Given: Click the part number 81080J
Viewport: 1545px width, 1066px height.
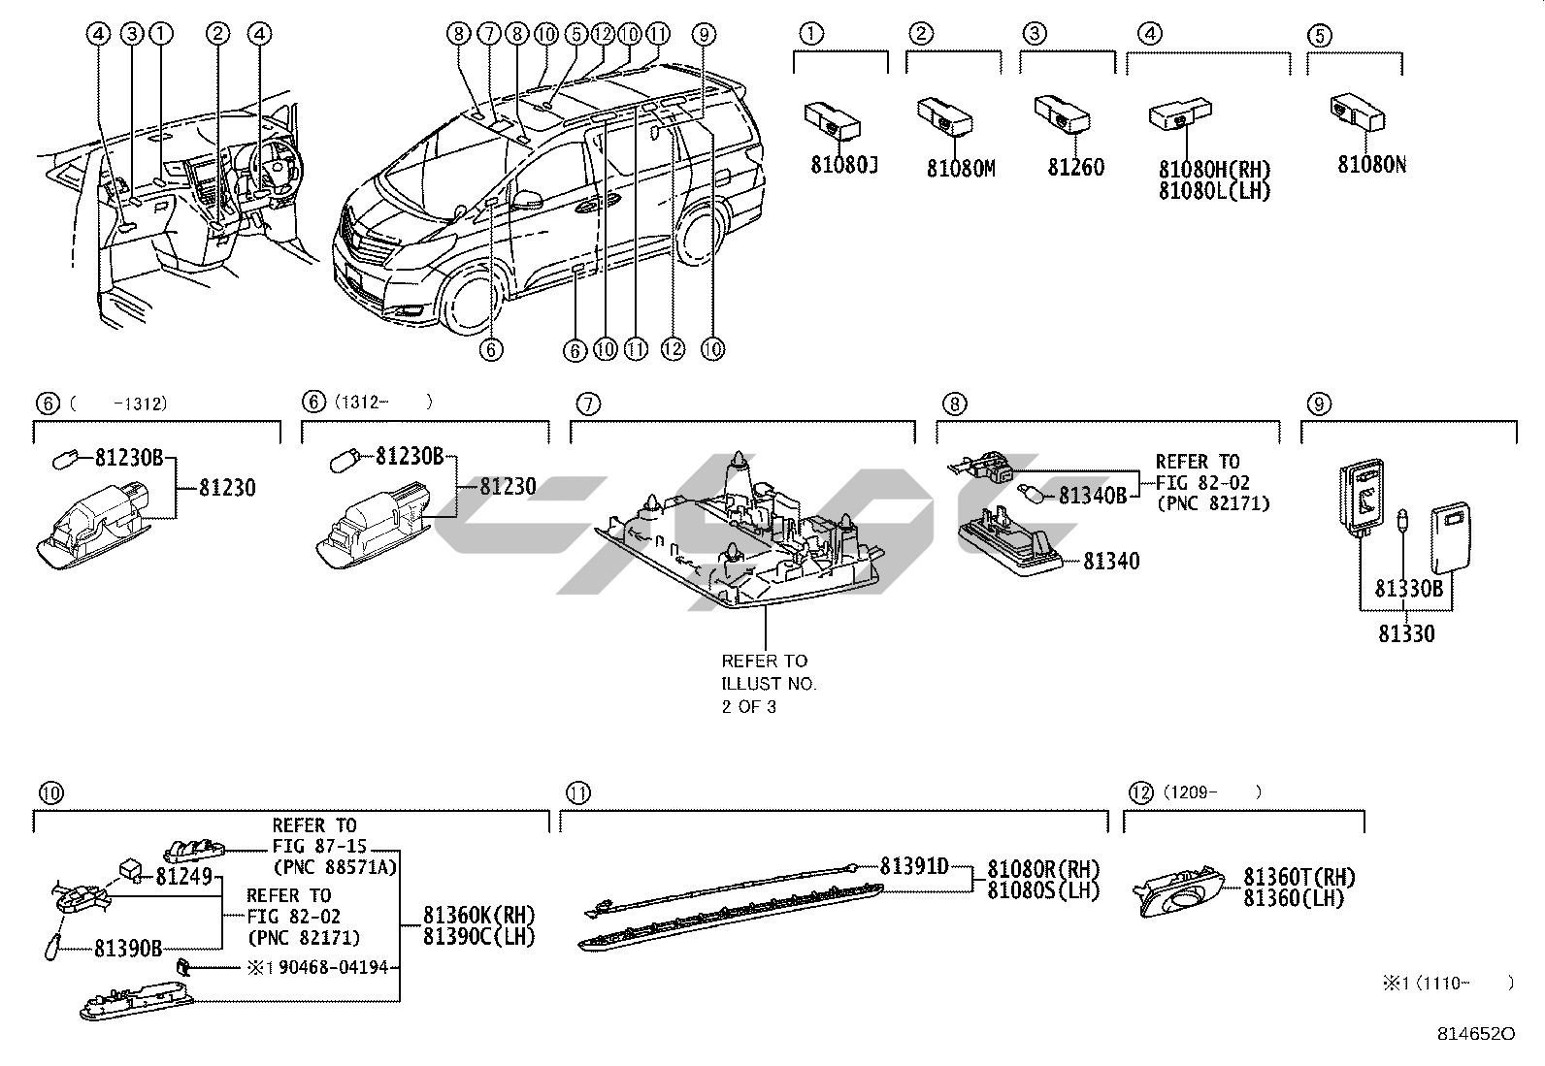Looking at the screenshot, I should (843, 166).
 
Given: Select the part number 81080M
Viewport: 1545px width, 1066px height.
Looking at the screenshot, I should (960, 169).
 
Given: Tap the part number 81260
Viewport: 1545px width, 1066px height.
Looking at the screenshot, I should (1075, 167).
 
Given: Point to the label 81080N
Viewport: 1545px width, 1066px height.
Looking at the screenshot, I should (1371, 165).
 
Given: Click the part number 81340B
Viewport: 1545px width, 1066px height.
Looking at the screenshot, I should (1092, 496).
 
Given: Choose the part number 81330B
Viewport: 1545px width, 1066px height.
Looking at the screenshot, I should (1408, 589).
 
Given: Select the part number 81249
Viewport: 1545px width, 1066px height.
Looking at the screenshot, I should (183, 876).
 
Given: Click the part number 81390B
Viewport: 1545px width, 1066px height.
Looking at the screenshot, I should (128, 949).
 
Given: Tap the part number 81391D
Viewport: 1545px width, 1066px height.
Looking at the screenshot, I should (914, 865).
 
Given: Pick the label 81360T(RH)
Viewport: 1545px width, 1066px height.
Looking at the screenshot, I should (1299, 878).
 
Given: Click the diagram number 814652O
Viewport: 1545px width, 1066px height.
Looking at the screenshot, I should (1475, 1034).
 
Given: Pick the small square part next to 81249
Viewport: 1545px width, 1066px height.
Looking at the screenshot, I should (131, 868).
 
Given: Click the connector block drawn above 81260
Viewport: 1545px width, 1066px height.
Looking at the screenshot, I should (1061, 114).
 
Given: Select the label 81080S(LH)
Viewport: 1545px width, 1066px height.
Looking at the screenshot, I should (1043, 889).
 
